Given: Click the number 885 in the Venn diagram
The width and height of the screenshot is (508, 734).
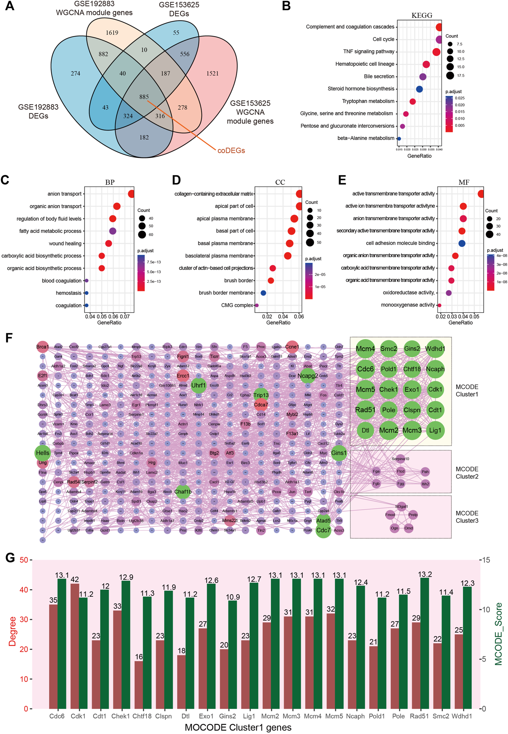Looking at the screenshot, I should click(x=144, y=97).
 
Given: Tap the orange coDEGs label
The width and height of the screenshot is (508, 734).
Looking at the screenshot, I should click(x=231, y=150).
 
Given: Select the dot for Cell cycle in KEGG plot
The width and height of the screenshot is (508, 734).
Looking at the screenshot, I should click(x=439, y=39).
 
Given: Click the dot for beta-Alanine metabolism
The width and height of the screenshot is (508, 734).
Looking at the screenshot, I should click(x=399, y=139).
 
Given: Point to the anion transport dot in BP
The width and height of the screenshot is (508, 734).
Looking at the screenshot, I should click(x=131, y=194).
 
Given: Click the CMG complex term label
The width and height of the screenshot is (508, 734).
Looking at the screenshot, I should click(x=237, y=305).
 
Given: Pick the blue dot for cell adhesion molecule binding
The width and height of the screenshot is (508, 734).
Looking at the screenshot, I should click(x=462, y=243).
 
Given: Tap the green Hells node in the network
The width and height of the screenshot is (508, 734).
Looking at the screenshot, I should click(x=43, y=453).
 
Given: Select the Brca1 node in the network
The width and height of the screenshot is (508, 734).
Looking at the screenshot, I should click(x=43, y=347).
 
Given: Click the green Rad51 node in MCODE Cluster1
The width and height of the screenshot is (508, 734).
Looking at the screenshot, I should click(x=365, y=410).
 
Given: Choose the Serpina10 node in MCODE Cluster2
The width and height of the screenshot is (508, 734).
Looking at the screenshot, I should click(x=400, y=459).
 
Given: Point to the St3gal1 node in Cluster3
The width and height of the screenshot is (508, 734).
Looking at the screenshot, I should click(x=402, y=506).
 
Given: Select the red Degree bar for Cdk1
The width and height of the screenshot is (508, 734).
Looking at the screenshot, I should click(x=75, y=645).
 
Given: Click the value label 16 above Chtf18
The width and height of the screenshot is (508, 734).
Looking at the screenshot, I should click(x=139, y=657).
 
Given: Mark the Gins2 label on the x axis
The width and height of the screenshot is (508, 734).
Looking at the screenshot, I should click(x=227, y=716).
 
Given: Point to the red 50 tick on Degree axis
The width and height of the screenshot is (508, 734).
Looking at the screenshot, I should click(x=24, y=560).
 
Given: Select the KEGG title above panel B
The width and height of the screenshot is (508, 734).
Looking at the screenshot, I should click(x=422, y=15).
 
